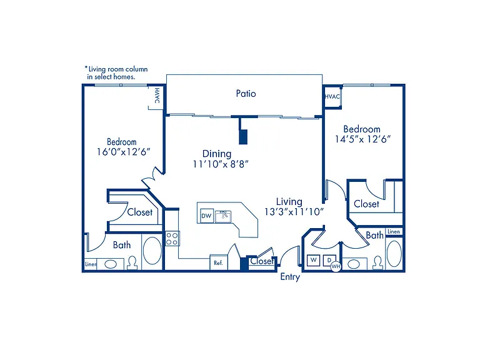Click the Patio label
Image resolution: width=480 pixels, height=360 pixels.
(x=246, y=93)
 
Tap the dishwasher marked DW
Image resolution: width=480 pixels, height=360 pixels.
(x=207, y=216)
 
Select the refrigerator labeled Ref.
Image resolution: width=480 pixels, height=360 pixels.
(x=219, y=262)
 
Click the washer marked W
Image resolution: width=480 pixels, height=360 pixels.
(x=314, y=260)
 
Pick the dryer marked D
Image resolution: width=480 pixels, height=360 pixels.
(x=329, y=260)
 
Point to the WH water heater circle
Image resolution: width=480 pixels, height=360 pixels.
(x=336, y=266)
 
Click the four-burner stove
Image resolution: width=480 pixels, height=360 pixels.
(x=172, y=239)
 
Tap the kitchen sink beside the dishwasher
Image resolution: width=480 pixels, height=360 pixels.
(x=223, y=216)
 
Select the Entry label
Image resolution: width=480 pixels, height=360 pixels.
(x=290, y=277)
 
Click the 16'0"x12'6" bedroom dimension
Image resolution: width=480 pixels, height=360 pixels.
(x=123, y=152)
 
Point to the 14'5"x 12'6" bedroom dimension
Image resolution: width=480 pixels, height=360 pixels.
(x=362, y=139)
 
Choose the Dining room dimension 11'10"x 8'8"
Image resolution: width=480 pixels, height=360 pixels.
(x=221, y=164)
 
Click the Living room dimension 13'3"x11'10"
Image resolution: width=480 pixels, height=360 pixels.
(x=294, y=211)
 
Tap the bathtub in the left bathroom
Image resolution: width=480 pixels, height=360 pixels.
(x=152, y=251)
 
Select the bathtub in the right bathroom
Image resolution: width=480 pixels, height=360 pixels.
(x=394, y=254)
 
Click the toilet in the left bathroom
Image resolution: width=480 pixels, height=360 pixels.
(x=132, y=263)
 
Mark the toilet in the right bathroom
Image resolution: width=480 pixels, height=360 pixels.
(x=377, y=263)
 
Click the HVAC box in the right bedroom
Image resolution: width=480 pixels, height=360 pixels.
(x=332, y=97)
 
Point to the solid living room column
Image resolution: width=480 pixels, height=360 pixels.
(x=243, y=137)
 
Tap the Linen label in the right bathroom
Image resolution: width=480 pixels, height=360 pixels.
(x=394, y=231)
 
